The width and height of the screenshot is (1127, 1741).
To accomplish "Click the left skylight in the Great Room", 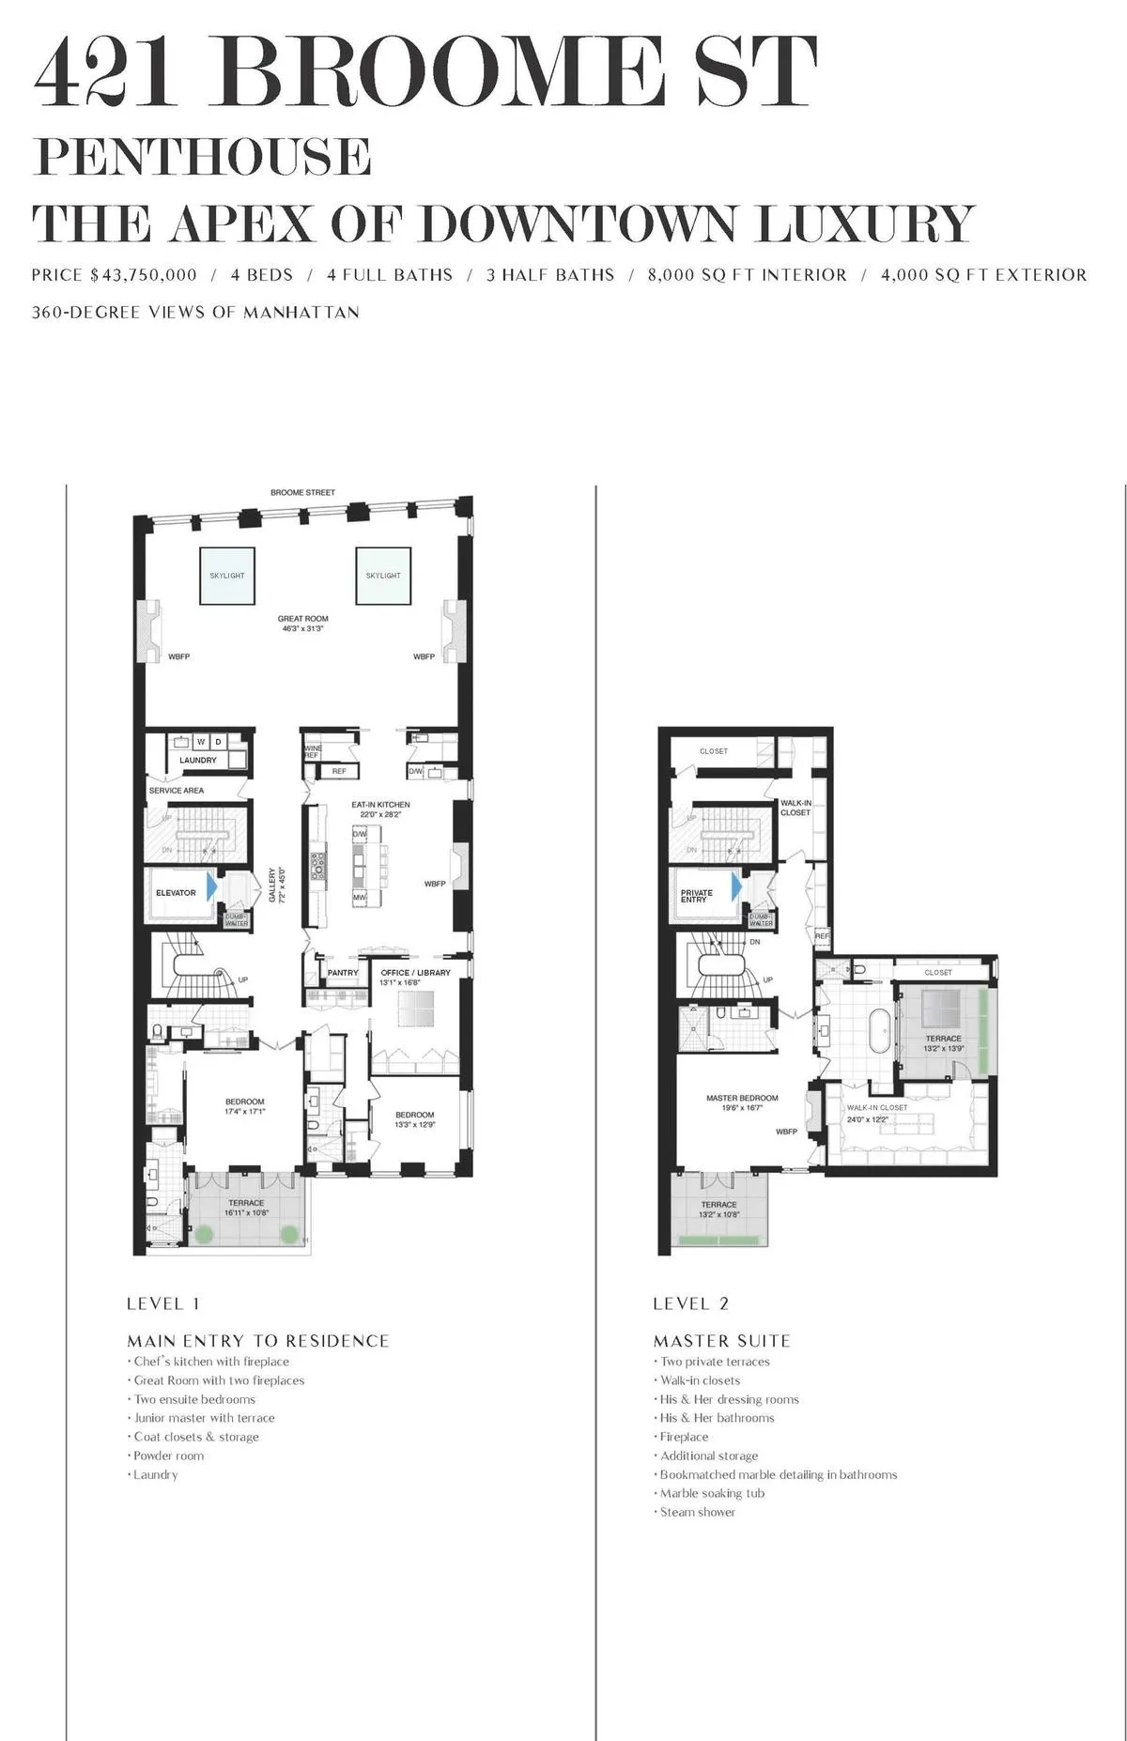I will [226, 575].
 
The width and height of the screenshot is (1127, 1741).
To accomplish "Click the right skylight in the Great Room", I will [383, 575].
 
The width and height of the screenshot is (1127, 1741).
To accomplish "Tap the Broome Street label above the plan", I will [302, 492].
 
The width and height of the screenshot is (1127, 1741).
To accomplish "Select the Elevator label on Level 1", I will [176, 892].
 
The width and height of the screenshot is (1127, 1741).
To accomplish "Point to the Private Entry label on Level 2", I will [697, 896].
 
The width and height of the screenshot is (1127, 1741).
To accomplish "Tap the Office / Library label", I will [415, 973].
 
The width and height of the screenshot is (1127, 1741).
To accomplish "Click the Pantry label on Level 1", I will [343, 973].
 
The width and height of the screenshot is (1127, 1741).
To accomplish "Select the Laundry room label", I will [198, 760].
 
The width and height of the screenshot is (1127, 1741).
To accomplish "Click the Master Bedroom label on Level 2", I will [742, 1098].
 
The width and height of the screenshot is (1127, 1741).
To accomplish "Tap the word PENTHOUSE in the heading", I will [202, 157].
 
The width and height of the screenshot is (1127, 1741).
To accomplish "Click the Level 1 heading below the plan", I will [163, 1303].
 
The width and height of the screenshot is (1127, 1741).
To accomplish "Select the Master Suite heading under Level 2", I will [721, 1341].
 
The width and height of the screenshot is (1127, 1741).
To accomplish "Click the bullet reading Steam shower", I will [697, 1512].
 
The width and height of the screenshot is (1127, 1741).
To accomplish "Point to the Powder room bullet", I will [168, 1456].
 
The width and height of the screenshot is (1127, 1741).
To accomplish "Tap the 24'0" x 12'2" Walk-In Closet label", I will [876, 1114].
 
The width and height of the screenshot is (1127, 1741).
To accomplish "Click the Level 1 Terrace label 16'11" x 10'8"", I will [246, 1208].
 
